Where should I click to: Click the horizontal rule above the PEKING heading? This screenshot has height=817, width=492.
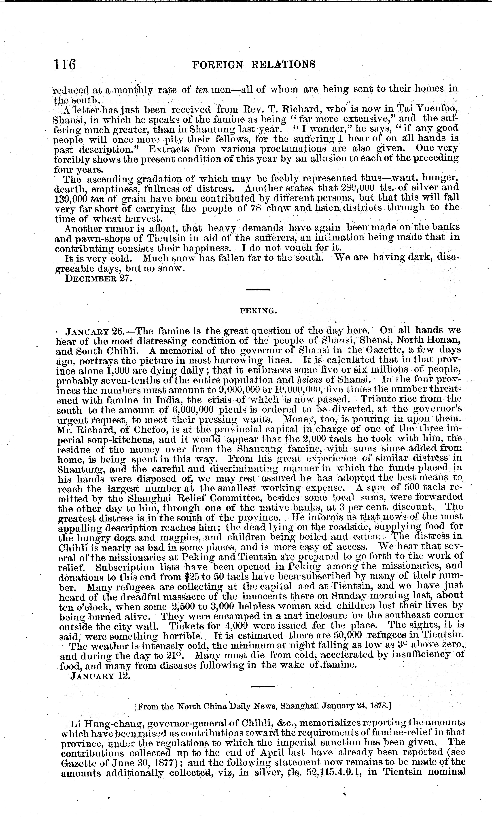(x=258, y=290)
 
